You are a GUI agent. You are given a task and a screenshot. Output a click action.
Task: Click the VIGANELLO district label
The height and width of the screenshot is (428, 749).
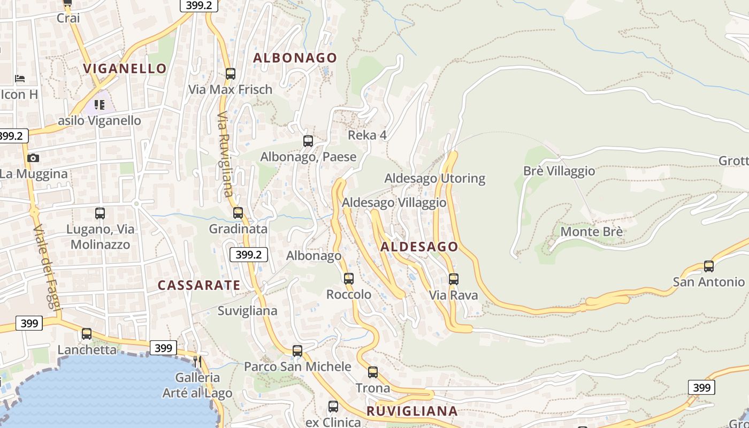(125, 68)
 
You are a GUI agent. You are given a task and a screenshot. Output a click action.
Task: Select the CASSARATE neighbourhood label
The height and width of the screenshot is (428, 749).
(198, 285)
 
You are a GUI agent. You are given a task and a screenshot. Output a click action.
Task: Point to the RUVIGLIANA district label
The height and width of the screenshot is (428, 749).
(412, 411)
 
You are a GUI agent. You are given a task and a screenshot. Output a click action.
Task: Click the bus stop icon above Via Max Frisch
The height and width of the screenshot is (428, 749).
(231, 74)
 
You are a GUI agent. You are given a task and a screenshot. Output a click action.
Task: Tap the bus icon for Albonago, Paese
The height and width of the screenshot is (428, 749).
(308, 141)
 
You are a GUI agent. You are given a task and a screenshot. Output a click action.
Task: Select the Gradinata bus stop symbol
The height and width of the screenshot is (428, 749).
(238, 213)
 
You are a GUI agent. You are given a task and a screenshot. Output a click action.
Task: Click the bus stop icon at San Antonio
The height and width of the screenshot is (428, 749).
(709, 266)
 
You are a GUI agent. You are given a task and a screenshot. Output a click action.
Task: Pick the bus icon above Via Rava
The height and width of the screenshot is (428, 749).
(454, 279)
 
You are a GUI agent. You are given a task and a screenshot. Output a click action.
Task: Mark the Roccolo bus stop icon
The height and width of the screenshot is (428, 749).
(349, 278)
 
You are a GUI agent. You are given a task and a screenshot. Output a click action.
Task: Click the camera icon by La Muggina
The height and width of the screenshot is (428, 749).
(33, 158)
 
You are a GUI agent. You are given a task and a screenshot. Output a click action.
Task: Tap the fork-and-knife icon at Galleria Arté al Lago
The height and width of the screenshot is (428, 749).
(197, 362)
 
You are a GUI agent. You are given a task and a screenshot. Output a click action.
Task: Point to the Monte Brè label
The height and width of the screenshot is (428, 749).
(591, 232)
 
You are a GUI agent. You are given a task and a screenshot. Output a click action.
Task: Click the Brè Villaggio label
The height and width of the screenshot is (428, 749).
(559, 171)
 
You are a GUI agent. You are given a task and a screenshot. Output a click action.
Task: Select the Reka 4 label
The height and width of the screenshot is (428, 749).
(367, 135)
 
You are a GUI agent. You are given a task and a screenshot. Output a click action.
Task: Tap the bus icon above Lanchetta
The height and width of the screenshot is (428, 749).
(87, 334)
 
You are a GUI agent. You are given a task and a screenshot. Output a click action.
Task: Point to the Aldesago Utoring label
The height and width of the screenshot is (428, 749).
(434, 178)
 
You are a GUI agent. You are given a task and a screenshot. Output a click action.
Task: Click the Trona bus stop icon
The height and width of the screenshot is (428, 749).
(373, 372)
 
